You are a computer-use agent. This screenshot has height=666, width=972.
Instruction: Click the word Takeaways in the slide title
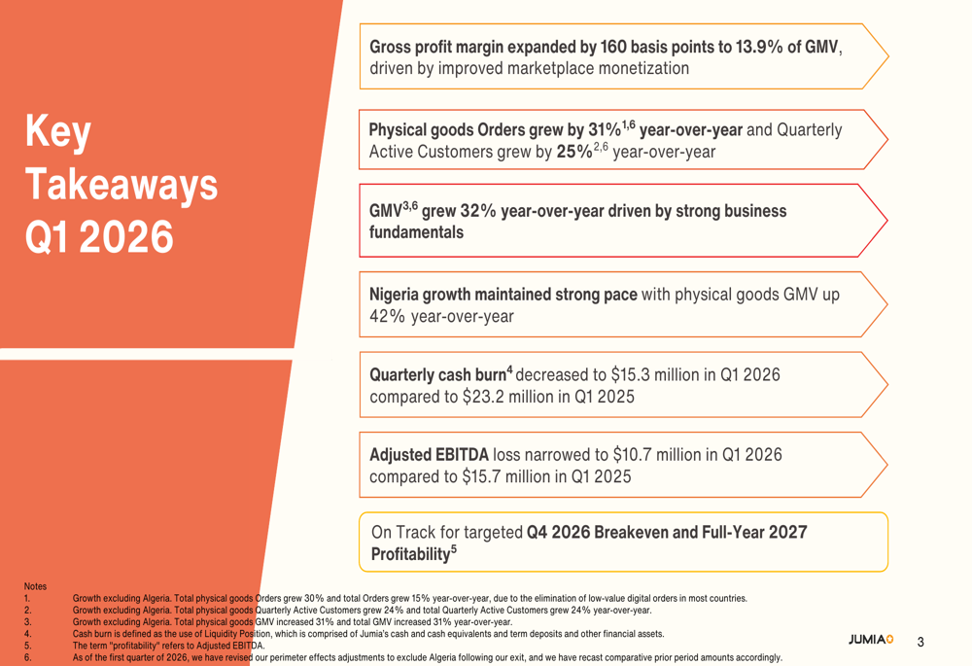(x=121, y=184)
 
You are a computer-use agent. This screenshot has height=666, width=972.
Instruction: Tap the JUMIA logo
(x=871, y=640)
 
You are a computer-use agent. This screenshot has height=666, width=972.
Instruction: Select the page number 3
(x=920, y=642)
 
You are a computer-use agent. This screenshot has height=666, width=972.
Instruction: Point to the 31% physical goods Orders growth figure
(x=605, y=129)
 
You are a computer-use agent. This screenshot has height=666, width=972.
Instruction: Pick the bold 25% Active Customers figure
(x=574, y=152)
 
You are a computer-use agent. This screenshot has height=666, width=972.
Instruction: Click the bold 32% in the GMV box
(x=478, y=211)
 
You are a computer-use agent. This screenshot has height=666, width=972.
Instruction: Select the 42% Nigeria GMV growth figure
(x=388, y=316)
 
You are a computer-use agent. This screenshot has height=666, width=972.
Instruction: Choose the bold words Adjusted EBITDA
(x=429, y=455)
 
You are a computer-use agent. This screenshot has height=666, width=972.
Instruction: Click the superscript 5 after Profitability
(x=454, y=549)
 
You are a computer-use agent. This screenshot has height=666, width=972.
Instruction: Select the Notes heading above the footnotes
(x=35, y=586)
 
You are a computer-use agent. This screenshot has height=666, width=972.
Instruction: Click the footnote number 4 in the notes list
(x=27, y=634)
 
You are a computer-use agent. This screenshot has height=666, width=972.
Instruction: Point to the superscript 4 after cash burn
(x=509, y=370)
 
